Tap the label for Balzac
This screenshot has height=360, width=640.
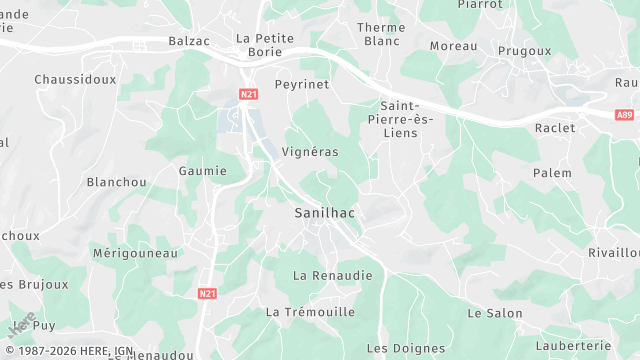[190, 41]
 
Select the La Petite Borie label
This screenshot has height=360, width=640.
[265, 45]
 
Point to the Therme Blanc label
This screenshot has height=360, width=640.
[382, 34]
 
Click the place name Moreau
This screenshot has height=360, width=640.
[453, 46]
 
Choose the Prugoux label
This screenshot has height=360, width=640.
[524, 50]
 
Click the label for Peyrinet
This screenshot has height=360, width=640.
[302, 85]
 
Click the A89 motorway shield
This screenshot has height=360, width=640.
[625, 114]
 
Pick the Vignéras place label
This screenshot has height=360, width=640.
[310, 152]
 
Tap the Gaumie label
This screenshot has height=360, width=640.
[203, 171]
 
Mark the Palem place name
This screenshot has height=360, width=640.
[552, 173]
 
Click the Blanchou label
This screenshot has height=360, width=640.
[117, 182]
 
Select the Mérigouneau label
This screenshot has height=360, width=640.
[135, 253]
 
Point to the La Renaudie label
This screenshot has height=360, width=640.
[333, 275]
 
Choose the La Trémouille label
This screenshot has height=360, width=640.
[310, 312]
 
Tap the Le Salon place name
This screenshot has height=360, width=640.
[495, 313]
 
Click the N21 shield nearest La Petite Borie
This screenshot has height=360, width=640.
[249, 94]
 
